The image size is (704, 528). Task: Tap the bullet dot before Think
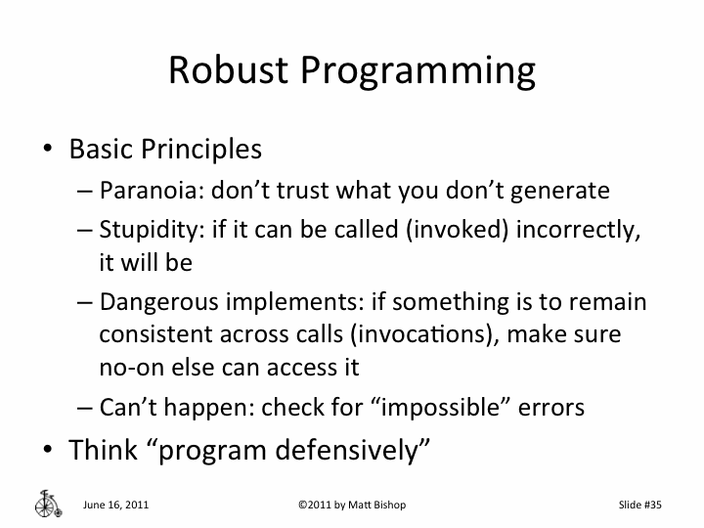point(47,450)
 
